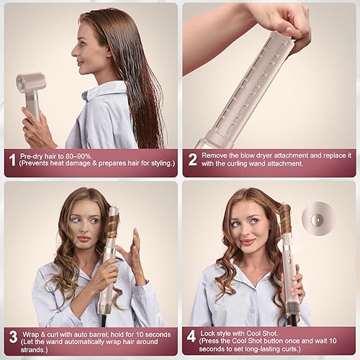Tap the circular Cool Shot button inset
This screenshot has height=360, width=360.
[316, 216]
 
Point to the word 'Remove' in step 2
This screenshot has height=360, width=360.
[216, 156]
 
